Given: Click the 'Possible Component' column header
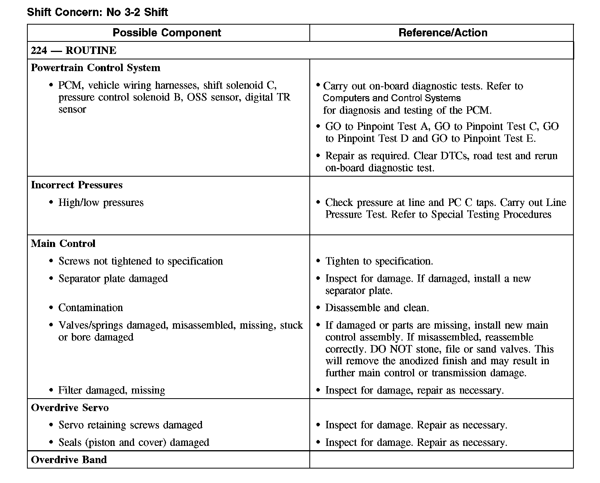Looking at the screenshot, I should coord(167,33).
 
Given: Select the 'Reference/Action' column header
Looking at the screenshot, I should coord(443,33).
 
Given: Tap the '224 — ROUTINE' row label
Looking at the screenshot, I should coord(73,50).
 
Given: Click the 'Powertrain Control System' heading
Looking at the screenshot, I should coord(95,68).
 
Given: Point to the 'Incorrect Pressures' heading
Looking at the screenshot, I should coord(77,185).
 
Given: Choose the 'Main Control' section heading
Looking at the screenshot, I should coord(63,243).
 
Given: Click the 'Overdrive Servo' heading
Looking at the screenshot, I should coord(70,408).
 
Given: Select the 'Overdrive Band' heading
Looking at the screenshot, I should coord(69,460).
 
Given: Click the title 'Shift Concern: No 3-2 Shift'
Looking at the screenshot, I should coord(97,12).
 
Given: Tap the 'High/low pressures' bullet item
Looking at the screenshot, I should coord(101,202).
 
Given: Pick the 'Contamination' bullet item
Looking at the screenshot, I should coord(91,308).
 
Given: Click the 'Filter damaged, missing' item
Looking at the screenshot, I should coord(111,390).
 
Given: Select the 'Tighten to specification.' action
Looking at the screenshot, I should coord(379,261).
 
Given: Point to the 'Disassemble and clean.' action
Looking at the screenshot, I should coord(377,308).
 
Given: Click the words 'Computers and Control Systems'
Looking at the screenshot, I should coord(391,98).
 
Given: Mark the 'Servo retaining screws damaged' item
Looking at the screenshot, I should coord(130,425).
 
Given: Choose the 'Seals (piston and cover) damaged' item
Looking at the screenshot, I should coord(134,442).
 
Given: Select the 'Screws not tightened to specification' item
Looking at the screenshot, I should coord(141,261).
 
